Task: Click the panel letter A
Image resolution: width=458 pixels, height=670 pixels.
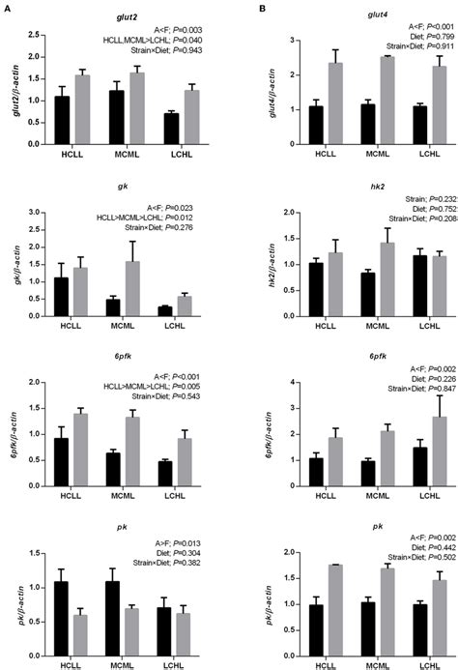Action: (7, 8)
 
